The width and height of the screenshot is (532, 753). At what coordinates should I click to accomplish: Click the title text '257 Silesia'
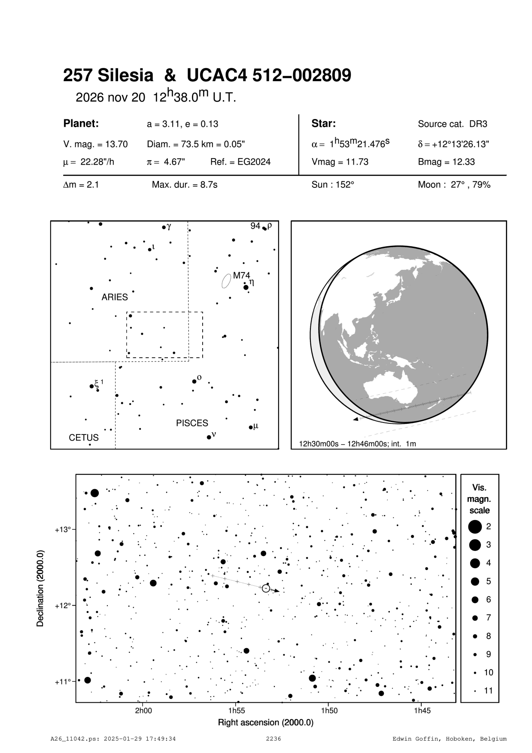(x=108, y=76)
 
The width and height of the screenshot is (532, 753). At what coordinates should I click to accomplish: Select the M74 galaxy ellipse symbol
(x=226, y=281)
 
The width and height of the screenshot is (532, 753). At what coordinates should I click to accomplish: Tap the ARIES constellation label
(x=115, y=297)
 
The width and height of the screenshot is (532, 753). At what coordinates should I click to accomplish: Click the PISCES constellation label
(x=192, y=423)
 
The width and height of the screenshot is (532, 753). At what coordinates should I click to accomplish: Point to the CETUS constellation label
(x=84, y=438)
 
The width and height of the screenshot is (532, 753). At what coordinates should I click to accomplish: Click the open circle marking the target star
(x=266, y=588)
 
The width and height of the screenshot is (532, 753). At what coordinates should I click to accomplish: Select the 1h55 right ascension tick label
(x=236, y=710)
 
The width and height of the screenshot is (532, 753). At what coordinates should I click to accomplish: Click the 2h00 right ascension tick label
(x=143, y=710)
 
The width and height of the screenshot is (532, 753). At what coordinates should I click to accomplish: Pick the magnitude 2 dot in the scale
(x=474, y=526)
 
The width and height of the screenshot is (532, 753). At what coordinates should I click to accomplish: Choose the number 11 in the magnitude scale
(x=489, y=690)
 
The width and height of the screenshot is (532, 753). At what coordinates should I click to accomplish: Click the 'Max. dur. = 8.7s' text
(x=185, y=185)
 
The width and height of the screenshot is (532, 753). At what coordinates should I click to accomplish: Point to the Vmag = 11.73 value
(x=340, y=162)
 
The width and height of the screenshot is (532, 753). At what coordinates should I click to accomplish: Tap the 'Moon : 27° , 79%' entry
(x=454, y=185)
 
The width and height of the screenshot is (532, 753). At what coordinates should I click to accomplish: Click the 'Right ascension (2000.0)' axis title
(x=266, y=722)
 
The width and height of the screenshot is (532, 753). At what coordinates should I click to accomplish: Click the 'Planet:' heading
(x=81, y=124)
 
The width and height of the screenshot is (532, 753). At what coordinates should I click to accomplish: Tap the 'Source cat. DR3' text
(x=453, y=124)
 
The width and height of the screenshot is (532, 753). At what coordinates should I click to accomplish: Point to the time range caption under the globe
(x=357, y=444)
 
